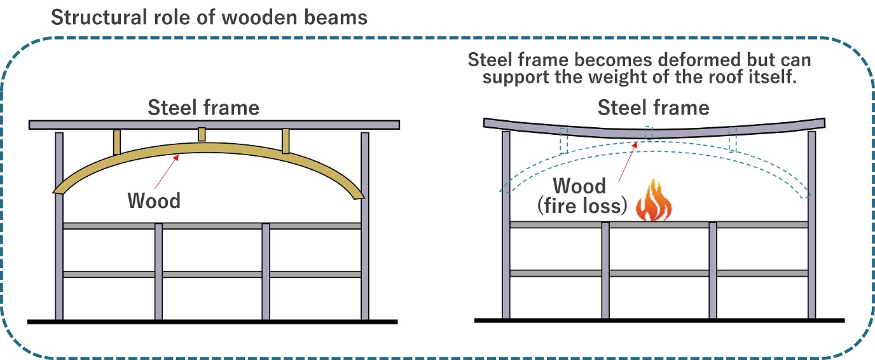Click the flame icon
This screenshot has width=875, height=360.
coord(653,201)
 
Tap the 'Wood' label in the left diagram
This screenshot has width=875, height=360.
coord(154,200)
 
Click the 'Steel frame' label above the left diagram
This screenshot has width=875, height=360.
coord(203,108)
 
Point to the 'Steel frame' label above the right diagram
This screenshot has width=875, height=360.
coord(653,108)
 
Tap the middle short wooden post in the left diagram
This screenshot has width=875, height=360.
coord(202,134)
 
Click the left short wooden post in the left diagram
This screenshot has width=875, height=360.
coord(117,142)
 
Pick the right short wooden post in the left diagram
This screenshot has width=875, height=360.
coord(286,141)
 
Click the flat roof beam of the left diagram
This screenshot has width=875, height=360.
coord(214,125)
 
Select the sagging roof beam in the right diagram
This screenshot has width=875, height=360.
coord(653,130)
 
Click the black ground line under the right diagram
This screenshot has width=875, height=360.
coord(659,320)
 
